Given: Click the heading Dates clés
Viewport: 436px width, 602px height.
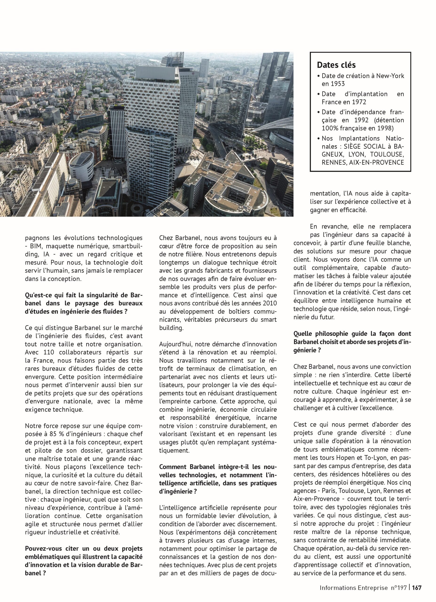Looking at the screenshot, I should click(x=336, y=65).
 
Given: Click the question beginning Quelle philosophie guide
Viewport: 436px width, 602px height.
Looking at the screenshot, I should click(x=352, y=342).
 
